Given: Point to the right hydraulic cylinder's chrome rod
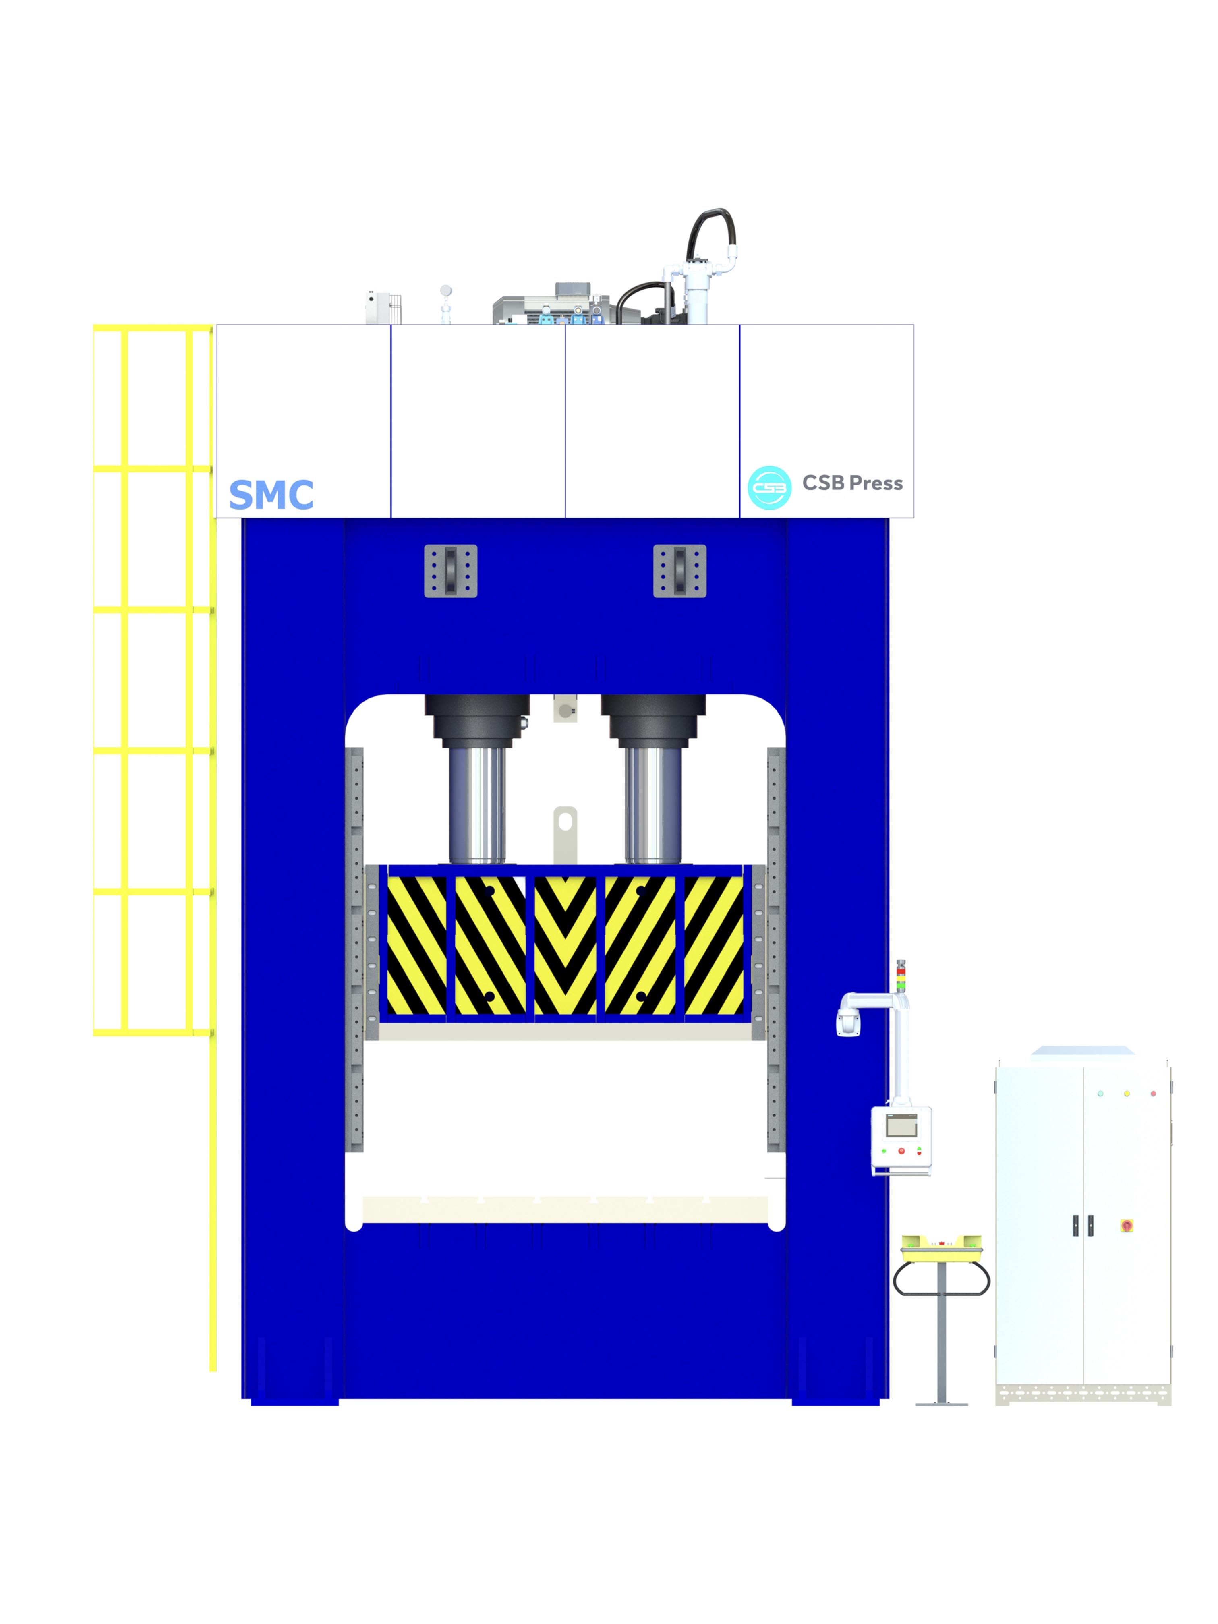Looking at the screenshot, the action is [652, 805].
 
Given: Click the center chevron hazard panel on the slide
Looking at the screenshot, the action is [565, 945].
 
